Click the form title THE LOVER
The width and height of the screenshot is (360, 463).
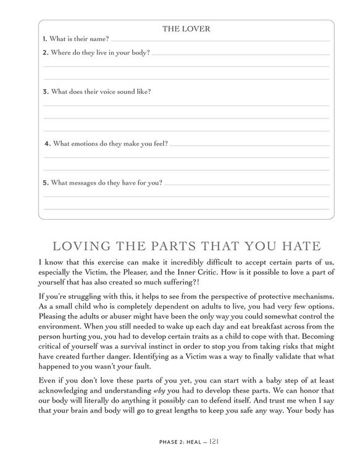point(185,28)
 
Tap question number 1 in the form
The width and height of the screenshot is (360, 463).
point(45,40)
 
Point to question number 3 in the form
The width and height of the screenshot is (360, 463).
point(45,91)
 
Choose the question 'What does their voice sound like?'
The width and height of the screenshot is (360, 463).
point(101,91)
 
